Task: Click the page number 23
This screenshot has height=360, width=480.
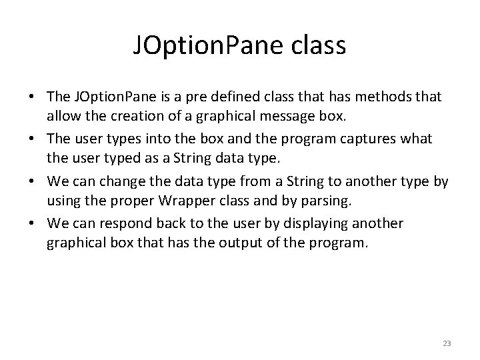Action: (447, 343)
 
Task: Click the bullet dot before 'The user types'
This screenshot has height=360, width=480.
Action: (32, 140)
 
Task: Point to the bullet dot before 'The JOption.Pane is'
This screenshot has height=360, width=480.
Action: (32, 97)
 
